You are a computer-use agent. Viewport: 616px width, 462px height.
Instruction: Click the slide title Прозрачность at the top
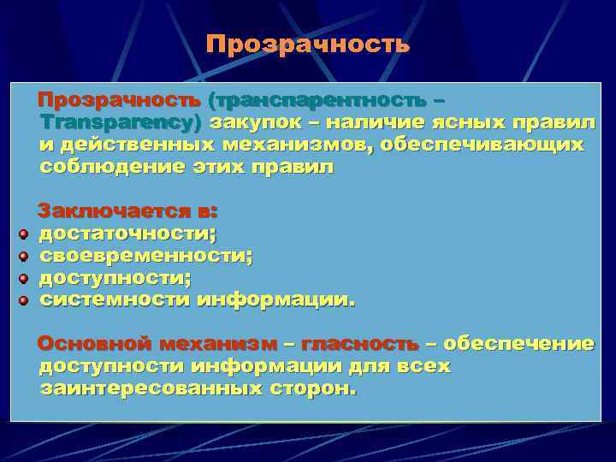point(308,44)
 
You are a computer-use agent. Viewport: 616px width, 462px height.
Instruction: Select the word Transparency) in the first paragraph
point(121,122)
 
